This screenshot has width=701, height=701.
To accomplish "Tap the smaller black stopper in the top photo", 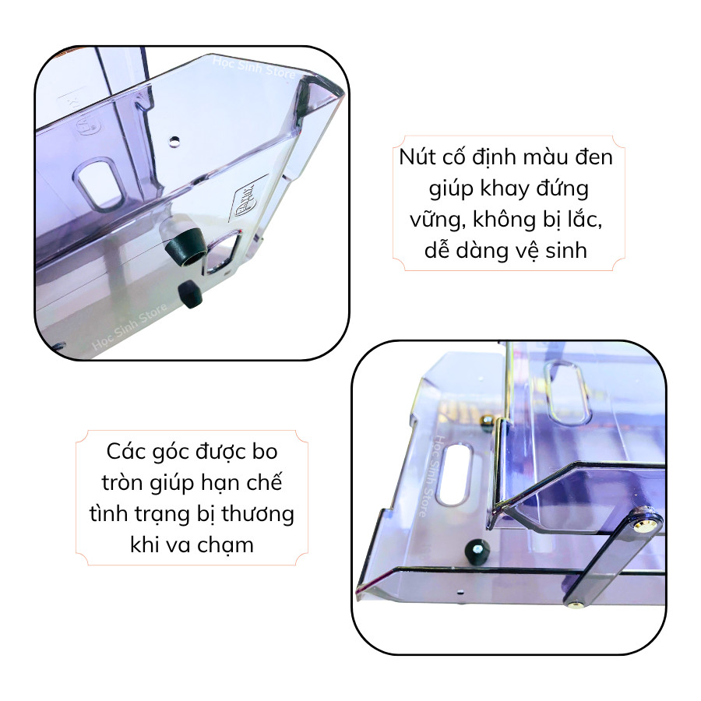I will pyautogui.click(x=190, y=293).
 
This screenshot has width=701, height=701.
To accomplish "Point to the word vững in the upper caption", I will pyautogui.click(x=432, y=221).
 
